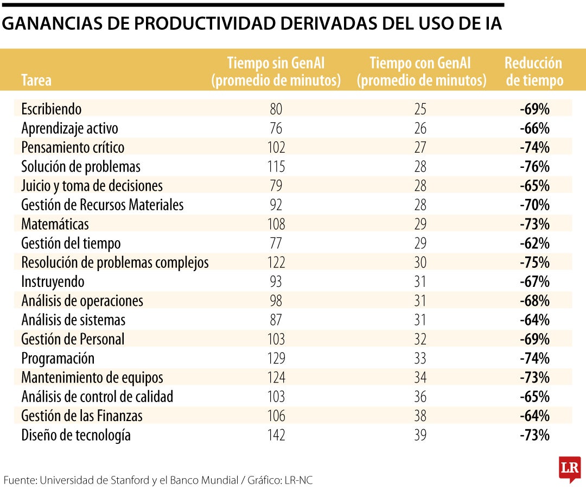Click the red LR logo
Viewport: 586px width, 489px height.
(x=570, y=467)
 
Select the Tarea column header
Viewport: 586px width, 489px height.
(x=36, y=81)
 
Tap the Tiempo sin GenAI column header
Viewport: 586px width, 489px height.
(x=276, y=71)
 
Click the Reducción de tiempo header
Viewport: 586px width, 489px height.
(x=534, y=71)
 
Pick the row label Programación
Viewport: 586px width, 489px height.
(x=58, y=359)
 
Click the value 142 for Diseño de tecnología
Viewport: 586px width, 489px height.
(x=276, y=435)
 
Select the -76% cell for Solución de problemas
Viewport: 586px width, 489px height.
(x=534, y=167)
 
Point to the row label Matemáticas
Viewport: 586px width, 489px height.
(x=55, y=224)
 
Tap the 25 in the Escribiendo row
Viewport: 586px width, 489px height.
(x=420, y=109)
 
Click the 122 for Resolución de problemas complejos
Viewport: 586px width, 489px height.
(x=276, y=262)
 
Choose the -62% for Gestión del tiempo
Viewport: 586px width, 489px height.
(x=534, y=243)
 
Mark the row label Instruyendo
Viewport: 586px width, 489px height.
(x=53, y=282)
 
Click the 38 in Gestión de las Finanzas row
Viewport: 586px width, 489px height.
(x=420, y=416)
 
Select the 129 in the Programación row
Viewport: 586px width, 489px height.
(x=276, y=359)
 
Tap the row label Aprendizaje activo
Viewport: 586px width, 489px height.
(x=69, y=129)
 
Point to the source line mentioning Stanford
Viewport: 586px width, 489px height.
(x=157, y=480)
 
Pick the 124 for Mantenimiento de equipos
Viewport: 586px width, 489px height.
(x=276, y=378)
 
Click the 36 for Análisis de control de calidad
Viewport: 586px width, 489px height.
(x=420, y=397)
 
